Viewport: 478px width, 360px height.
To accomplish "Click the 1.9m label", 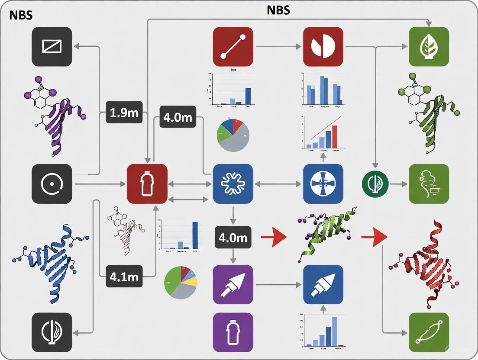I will tap(124, 113).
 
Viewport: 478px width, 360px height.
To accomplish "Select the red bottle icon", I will tap(147, 184).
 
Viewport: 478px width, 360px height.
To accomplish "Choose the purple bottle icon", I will tap(233, 332).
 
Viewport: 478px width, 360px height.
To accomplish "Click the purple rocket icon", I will tap(233, 284).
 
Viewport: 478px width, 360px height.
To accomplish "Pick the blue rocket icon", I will tap(323, 284).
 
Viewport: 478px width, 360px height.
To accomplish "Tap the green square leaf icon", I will tap(429, 47).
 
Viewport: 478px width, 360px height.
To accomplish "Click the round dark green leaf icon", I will tap(374, 184).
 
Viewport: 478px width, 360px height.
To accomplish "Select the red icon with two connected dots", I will tap(233, 47).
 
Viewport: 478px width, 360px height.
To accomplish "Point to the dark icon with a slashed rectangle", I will tap(52, 47).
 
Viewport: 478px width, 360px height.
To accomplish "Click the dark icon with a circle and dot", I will tap(52, 184).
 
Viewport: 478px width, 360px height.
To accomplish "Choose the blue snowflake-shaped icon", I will tap(233, 184).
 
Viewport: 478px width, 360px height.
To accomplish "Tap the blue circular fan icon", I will tap(323, 184).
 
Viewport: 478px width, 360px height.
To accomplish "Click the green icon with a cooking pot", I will tap(429, 184).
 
